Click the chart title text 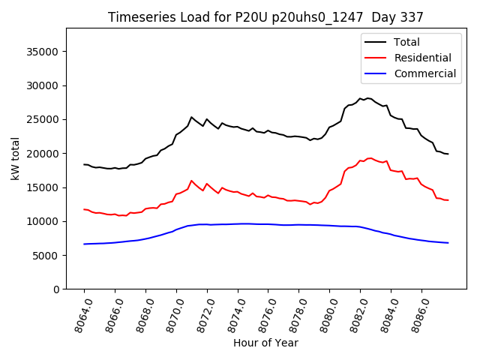(x=265, y=17)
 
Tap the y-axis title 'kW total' (x=16, y=159)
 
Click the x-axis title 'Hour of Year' (x=265, y=343)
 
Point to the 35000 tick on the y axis (x=43, y=52)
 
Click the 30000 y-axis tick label (x=43, y=85)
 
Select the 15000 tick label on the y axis (x=43, y=187)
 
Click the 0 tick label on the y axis (x=56, y=289)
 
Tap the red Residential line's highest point (x=370, y=158)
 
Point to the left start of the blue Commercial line (x=84, y=244)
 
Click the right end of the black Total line (x=448, y=154)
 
